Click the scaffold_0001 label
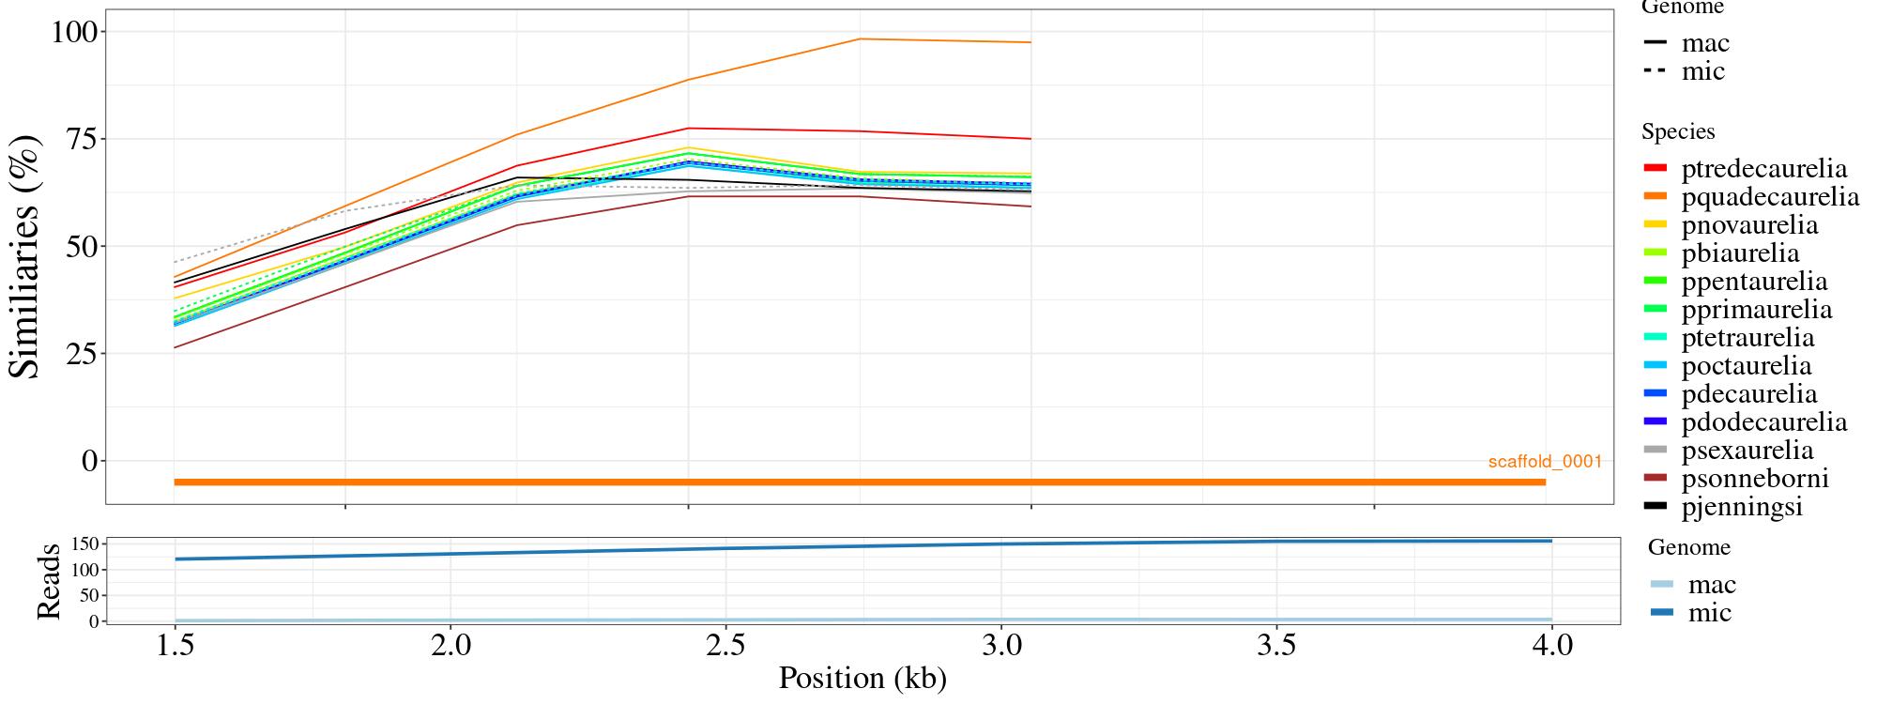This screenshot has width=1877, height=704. coord(1545,462)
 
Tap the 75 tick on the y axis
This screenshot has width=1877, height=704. coord(83,139)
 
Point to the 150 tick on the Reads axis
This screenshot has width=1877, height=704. coord(84,544)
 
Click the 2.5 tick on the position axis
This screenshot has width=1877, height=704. coord(725,646)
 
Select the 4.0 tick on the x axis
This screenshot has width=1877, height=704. coord(1551,646)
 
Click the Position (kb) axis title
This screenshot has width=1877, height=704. coord(862,678)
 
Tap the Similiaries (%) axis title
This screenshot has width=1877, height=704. coord(26,255)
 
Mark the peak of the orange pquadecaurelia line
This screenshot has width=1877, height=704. coord(860,39)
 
